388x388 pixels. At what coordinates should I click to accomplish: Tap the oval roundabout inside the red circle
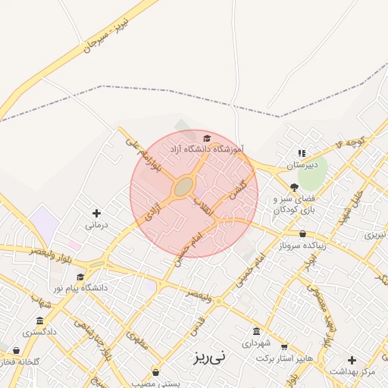tap(183, 186)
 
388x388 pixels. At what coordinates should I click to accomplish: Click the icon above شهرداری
tap(256, 331)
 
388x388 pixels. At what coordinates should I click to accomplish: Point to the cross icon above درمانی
tap(95, 213)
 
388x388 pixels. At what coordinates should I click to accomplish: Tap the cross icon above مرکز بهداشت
tap(352, 359)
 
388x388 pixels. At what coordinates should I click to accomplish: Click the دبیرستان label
tap(302, 164)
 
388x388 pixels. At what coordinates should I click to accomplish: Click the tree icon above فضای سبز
tap(294, 186)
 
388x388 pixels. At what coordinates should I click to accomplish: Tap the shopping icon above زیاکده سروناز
tap(303, 234)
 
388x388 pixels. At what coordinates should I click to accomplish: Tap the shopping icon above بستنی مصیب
tap(156, 371)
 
